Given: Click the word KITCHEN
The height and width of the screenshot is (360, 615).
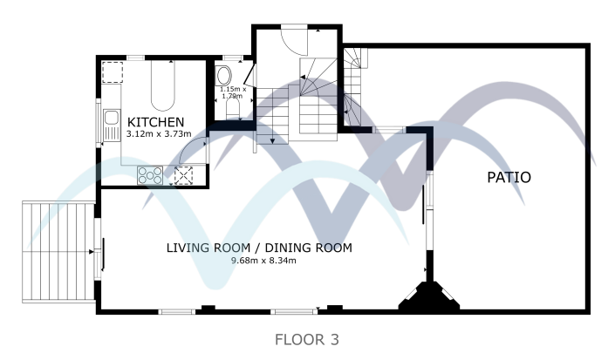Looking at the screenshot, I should (155, 121).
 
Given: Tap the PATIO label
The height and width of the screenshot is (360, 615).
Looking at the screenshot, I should (509, 177).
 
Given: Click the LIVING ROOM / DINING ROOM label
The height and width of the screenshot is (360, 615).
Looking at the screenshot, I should (258, 248).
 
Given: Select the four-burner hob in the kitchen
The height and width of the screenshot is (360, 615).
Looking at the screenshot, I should (150, 174).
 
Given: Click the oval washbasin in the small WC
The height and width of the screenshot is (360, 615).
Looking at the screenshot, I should (223, 73).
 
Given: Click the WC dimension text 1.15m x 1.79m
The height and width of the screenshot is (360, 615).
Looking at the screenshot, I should (233, 92).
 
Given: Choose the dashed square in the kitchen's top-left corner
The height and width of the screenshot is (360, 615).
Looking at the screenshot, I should (113, 71).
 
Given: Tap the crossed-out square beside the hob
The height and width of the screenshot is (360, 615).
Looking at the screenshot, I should (183, 174).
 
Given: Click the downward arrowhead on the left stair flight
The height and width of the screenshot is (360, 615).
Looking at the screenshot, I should (273, 139).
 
